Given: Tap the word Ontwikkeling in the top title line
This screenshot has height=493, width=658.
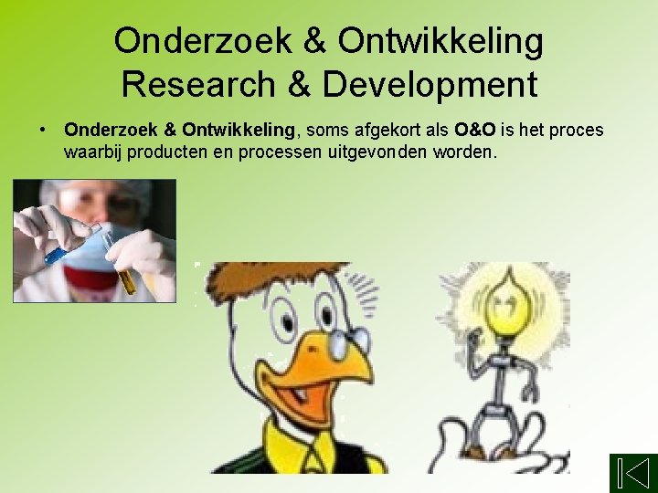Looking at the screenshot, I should [440, 40].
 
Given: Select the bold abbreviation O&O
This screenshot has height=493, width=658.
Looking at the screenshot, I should [475, 131].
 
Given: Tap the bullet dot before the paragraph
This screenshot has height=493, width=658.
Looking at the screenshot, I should [44, 131].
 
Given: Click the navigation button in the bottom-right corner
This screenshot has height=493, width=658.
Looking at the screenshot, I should [632, 473].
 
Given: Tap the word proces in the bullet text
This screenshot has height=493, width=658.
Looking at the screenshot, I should [578, 131].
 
